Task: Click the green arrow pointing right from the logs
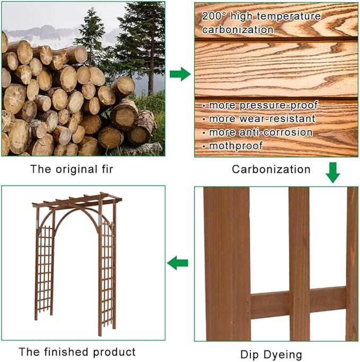[180, 74]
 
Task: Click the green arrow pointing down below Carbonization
[332, 173]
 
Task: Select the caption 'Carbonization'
[271, 169]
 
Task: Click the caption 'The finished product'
[77, 351]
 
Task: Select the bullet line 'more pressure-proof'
[256, 105]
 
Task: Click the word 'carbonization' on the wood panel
[238, 29]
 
